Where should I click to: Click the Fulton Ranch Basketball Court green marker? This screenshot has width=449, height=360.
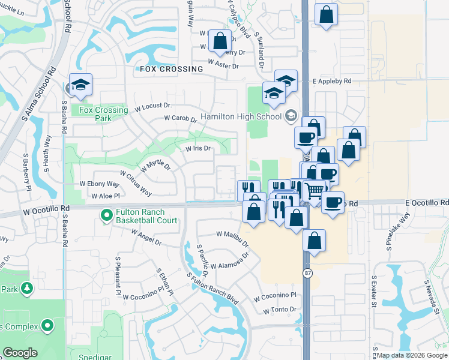(x=107, y=214)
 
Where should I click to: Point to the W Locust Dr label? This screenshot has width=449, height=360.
(x=154, y=107)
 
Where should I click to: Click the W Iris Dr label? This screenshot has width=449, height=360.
(x=198, y=148)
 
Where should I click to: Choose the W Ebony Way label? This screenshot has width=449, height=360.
(x=99, y=184)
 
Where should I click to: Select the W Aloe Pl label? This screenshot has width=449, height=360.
(x=106, y=196)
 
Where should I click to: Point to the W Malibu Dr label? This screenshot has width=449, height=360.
(x=232, y=238)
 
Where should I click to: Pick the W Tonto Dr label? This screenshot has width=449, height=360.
(x=280, y=310)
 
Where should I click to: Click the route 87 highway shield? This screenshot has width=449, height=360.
(x=307, y=273)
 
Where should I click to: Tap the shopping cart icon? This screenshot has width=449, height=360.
(x=315, y=191)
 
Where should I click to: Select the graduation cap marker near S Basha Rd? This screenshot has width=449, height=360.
(x=80, y=85)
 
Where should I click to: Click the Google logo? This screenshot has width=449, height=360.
(x=20, y=353)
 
